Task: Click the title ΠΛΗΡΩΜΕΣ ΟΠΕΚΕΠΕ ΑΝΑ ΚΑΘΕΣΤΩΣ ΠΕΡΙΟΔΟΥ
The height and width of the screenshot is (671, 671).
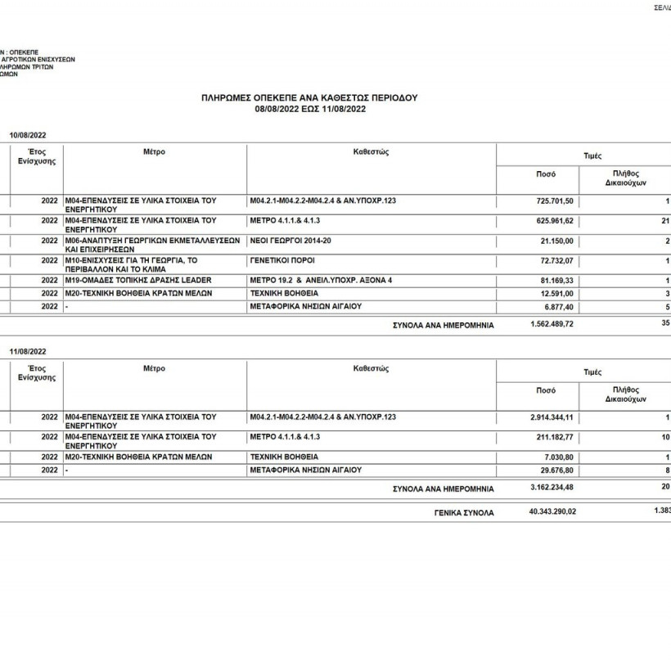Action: click(309, 97)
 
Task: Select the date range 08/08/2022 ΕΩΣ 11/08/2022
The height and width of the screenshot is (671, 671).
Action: click(309, 108)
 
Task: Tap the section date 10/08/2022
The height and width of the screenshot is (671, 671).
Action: click(28, 134)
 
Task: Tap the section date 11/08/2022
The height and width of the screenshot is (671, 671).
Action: click(28, 351)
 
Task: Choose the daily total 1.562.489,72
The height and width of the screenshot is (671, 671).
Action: click(552, 324)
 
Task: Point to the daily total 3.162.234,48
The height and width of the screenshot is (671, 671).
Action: click(552, 489)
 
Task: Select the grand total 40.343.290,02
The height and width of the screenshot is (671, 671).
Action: click(552, 512)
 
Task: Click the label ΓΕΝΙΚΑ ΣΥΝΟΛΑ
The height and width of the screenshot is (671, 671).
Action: click(464, 513)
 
